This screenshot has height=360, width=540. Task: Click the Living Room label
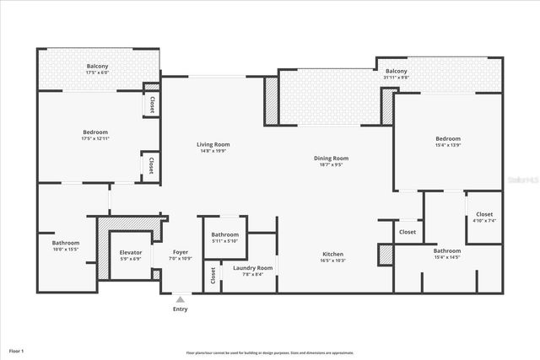point(215,144)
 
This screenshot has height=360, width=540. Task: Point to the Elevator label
point(131,252)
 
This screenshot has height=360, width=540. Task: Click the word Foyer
point(181,252)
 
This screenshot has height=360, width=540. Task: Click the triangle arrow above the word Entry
point(181,298)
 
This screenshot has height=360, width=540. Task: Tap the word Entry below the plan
point(181,309)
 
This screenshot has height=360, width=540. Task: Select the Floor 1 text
point(17,350)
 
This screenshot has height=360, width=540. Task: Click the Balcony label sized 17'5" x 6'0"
point(97,66)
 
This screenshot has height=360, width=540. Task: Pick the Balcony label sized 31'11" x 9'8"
point(397,71)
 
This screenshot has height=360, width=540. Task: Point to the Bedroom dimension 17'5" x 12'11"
point(95,138)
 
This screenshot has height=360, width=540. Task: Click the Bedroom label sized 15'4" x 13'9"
point(448,138)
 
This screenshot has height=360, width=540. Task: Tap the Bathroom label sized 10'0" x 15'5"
point(66,243)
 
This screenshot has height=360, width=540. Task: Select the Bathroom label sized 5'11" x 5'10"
point(224,234)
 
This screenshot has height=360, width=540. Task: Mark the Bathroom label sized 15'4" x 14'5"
point(447,250)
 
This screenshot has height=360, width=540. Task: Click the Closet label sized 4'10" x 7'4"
point(484,214)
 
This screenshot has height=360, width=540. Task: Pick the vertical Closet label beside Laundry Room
point(213,274)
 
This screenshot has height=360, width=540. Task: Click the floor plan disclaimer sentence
point(270,352)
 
